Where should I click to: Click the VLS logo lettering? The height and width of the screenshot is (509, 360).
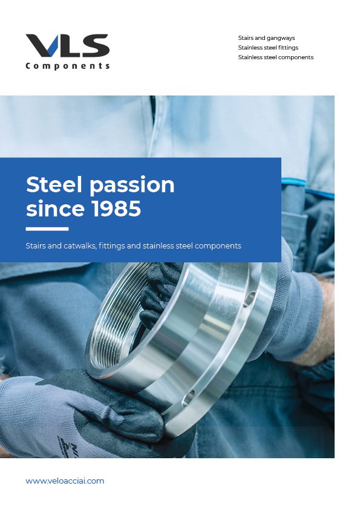point(68,45)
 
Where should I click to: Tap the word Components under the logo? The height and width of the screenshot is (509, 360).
point(68,66)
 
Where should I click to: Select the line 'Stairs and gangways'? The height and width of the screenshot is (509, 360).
point(266,38)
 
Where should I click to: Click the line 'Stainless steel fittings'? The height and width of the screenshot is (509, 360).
point(268,47)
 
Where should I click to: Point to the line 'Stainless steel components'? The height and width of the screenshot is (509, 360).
point(276,57)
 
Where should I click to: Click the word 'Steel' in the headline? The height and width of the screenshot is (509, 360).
point(54,185)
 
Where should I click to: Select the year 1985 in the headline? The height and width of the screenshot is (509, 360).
point(117,209)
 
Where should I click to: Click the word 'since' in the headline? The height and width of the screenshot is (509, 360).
point(56,209)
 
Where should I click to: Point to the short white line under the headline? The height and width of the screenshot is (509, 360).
point(47,229)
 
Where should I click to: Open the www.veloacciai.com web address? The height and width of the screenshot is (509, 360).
point(65,481)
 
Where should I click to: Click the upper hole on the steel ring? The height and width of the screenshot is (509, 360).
point(249,299)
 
